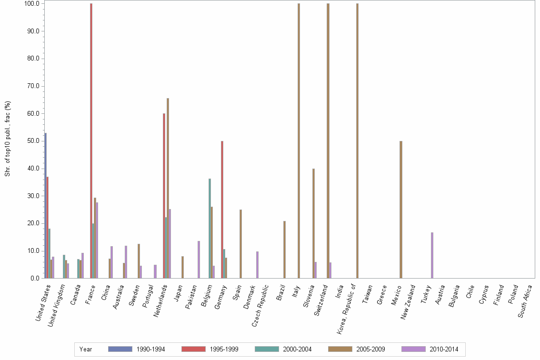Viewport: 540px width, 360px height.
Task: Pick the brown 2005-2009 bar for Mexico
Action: click(x=401, y=210)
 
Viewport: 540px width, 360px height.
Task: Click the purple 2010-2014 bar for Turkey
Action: click(x=432, y=255)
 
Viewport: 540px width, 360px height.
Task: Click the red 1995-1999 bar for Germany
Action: click(x=222, y=210)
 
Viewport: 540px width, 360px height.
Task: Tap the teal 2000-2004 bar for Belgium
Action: click(x=210, y=229)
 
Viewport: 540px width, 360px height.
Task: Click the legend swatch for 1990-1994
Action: click(x=120, y=349)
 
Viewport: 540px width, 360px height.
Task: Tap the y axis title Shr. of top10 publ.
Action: click(x=8, y=138)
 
